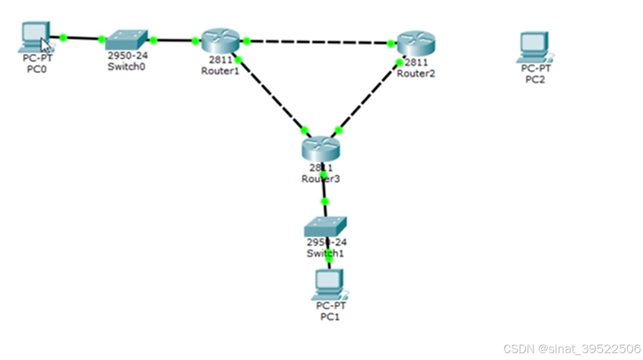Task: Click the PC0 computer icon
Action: click(x=35, y=37)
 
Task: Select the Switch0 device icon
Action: click(x=127, y=41)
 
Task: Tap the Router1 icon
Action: click(x=220, y=41)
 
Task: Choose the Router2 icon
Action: click(x=415, y=43)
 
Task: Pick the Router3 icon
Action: click(x=321, y=148)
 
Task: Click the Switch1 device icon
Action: click(x=325, y=226)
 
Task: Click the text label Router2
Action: click(x=416, y=74)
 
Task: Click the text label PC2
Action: click(x=535, y=79)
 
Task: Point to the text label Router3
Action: click(x=321, y=179)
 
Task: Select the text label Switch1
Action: click(x=325, y=253)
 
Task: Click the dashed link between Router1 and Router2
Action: click(x=318, y=42)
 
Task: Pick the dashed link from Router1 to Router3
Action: click(x=271, y=95)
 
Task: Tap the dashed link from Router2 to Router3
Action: click(x=368, y=97)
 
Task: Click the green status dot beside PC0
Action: click(x=63, y=37)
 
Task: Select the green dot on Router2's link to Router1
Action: click(x=391, y=44)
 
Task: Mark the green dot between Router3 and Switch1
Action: click(x=324, y=201)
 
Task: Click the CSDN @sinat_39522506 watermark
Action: click(x=572, y=348)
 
